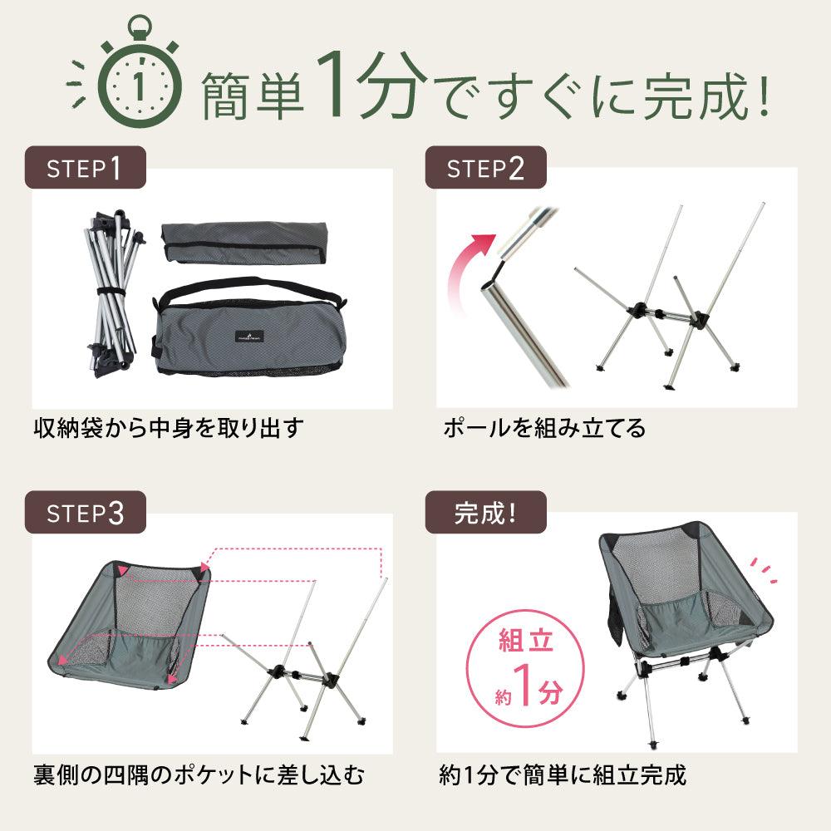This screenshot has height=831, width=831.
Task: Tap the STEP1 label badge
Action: click(x=85, y=168)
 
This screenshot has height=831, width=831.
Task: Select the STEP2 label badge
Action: click(x=485, y=168)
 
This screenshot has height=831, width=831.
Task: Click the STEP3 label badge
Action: click(x=85, y=513)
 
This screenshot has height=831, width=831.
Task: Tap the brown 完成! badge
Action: click(x=485, y=513)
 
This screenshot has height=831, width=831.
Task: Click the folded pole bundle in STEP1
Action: click(x=114, y=294)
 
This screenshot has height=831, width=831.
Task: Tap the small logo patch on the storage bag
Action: click(x=248, y=336)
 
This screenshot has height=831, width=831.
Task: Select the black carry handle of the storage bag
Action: click(x=249, y=286)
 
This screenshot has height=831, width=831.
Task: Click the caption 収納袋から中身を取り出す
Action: click(x=169, y=428)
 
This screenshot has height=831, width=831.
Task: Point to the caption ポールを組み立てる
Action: click(x=544, y=428)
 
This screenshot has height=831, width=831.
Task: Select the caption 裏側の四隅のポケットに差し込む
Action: click(x=199, y=774)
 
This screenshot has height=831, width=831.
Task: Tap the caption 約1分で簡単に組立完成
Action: click(x=563, y=774)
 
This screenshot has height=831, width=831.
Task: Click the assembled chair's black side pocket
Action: click(x=609, y=616)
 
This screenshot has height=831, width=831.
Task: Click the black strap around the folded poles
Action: click(x=111, y=293)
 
